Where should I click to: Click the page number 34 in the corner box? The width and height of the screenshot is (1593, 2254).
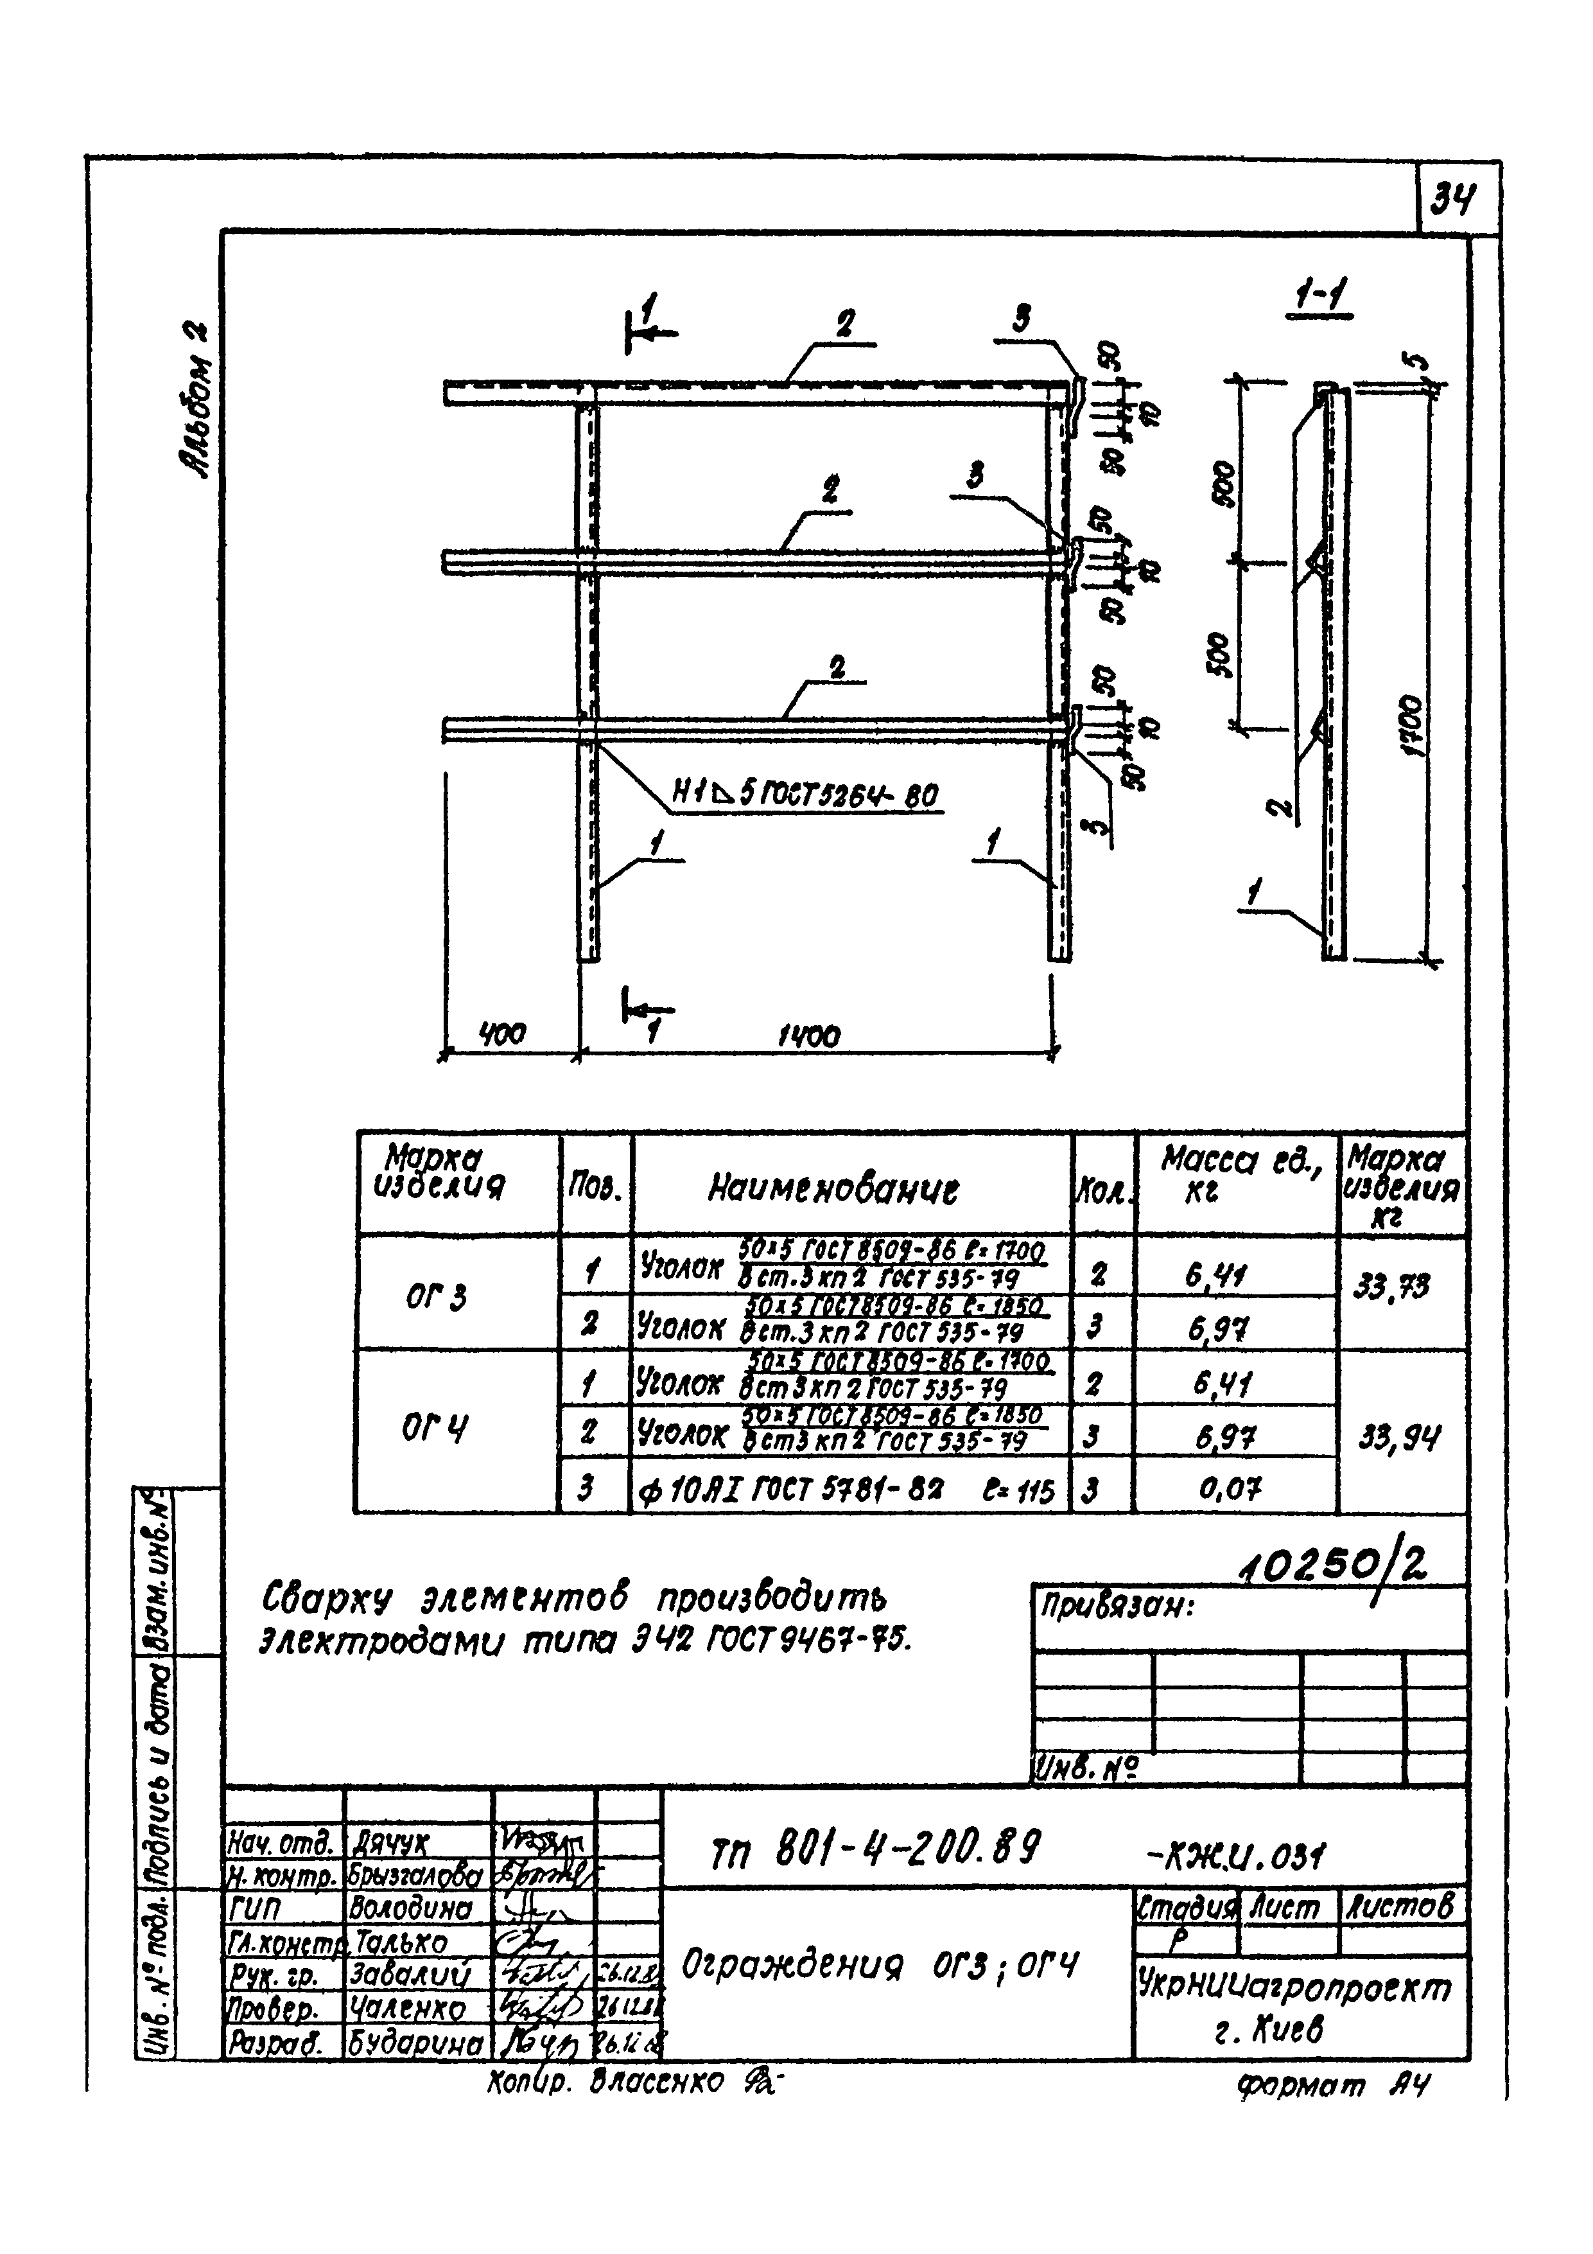1452,203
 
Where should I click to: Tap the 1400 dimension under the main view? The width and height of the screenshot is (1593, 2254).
809,1035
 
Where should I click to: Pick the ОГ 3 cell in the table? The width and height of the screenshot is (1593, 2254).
436,1297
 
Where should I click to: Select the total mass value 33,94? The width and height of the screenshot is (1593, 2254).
1400,1440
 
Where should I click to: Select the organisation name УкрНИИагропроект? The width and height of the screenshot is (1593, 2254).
1293,1988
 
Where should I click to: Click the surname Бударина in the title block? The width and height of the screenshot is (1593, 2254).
415,2044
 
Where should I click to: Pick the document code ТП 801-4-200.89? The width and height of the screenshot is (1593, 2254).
873,1851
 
